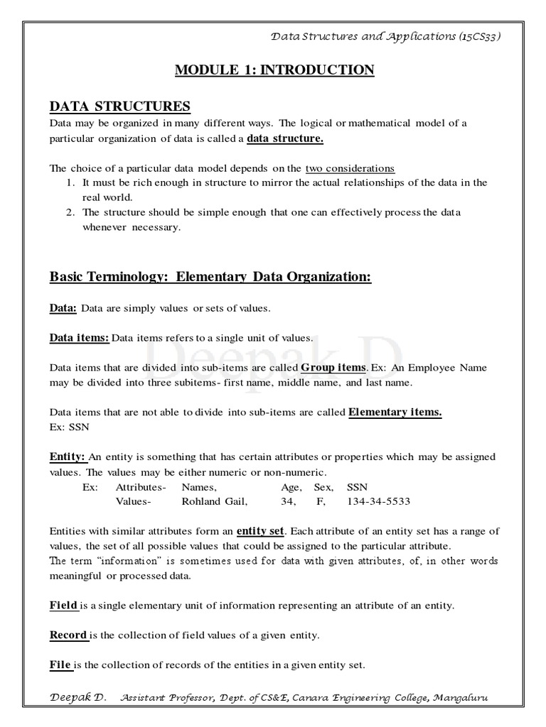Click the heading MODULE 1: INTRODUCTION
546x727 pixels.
click(x=274, y=70)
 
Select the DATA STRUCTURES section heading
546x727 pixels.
click(x=119, y=106)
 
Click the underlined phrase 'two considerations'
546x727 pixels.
click(x=350, y=168)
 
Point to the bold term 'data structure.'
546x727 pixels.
click(x=284, y=138)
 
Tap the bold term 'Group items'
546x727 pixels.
click(x=333, y=367)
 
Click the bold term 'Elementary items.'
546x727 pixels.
click(x=395, y=412)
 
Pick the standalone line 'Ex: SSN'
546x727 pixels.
click(x=68, y=427)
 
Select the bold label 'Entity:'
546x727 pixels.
click(x=68, y=457)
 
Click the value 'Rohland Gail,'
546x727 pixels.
click(x=215, y=502)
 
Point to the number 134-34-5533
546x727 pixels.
click(x=378, y=502)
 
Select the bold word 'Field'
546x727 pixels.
click(x=63, y=606)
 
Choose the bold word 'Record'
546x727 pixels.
click(x=68, y=635)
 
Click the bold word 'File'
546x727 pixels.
click(x=60, y=665)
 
